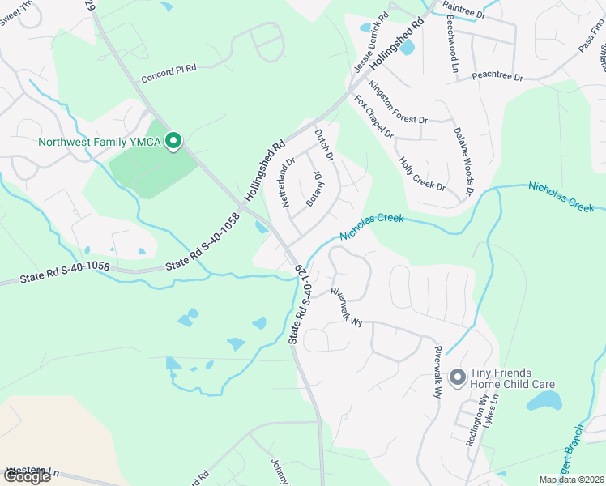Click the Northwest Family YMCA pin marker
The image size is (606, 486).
click(x=173, y=142)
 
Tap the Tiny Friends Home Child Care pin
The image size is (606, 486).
click(x=457, y=377)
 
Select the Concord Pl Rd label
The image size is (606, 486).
click(x=169, y=74)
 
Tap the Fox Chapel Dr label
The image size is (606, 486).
click(x=373, y=117)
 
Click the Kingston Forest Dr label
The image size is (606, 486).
click(x=398, y=102)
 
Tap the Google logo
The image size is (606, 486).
click(x=27, y=476)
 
